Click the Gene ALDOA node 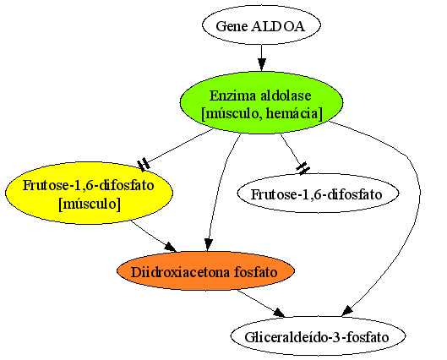tap(261, 25)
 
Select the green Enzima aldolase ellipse tap(261, 103)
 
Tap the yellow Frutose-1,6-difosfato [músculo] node tap(89, 193)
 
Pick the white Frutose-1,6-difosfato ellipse tap(318, 193)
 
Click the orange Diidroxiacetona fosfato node tap(205, 270)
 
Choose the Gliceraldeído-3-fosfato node tap(318, 336)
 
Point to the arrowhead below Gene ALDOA tap(261, 65)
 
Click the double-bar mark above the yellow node tap(144, 165)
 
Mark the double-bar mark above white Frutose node tap(303, 168)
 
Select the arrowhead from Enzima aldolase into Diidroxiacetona tap(209, 244)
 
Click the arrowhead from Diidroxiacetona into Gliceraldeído tap(279, 313)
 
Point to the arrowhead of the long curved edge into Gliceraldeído tap(348, 310)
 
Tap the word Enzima tap(234, 95)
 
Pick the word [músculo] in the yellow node tap(90, 205)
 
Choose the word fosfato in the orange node tap(255, 272)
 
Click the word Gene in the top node tap(232, 26)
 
